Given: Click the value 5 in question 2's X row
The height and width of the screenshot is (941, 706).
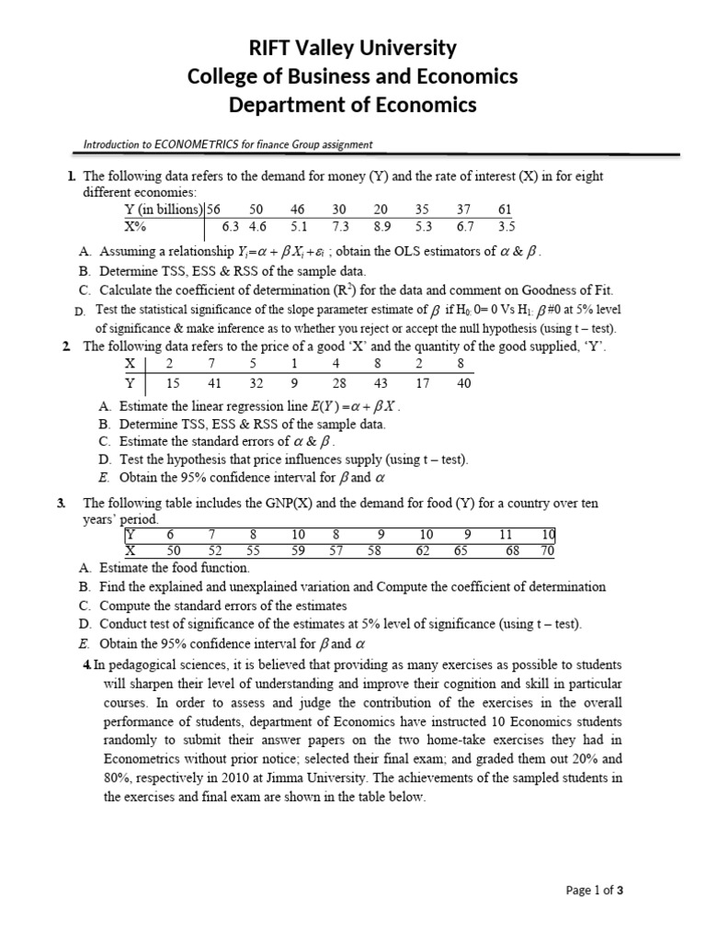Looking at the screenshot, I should pos(254,364).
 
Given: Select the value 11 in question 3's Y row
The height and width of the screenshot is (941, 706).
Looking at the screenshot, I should pos(506,535).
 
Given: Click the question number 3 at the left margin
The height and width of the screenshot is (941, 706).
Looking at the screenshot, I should pos(61,503).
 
